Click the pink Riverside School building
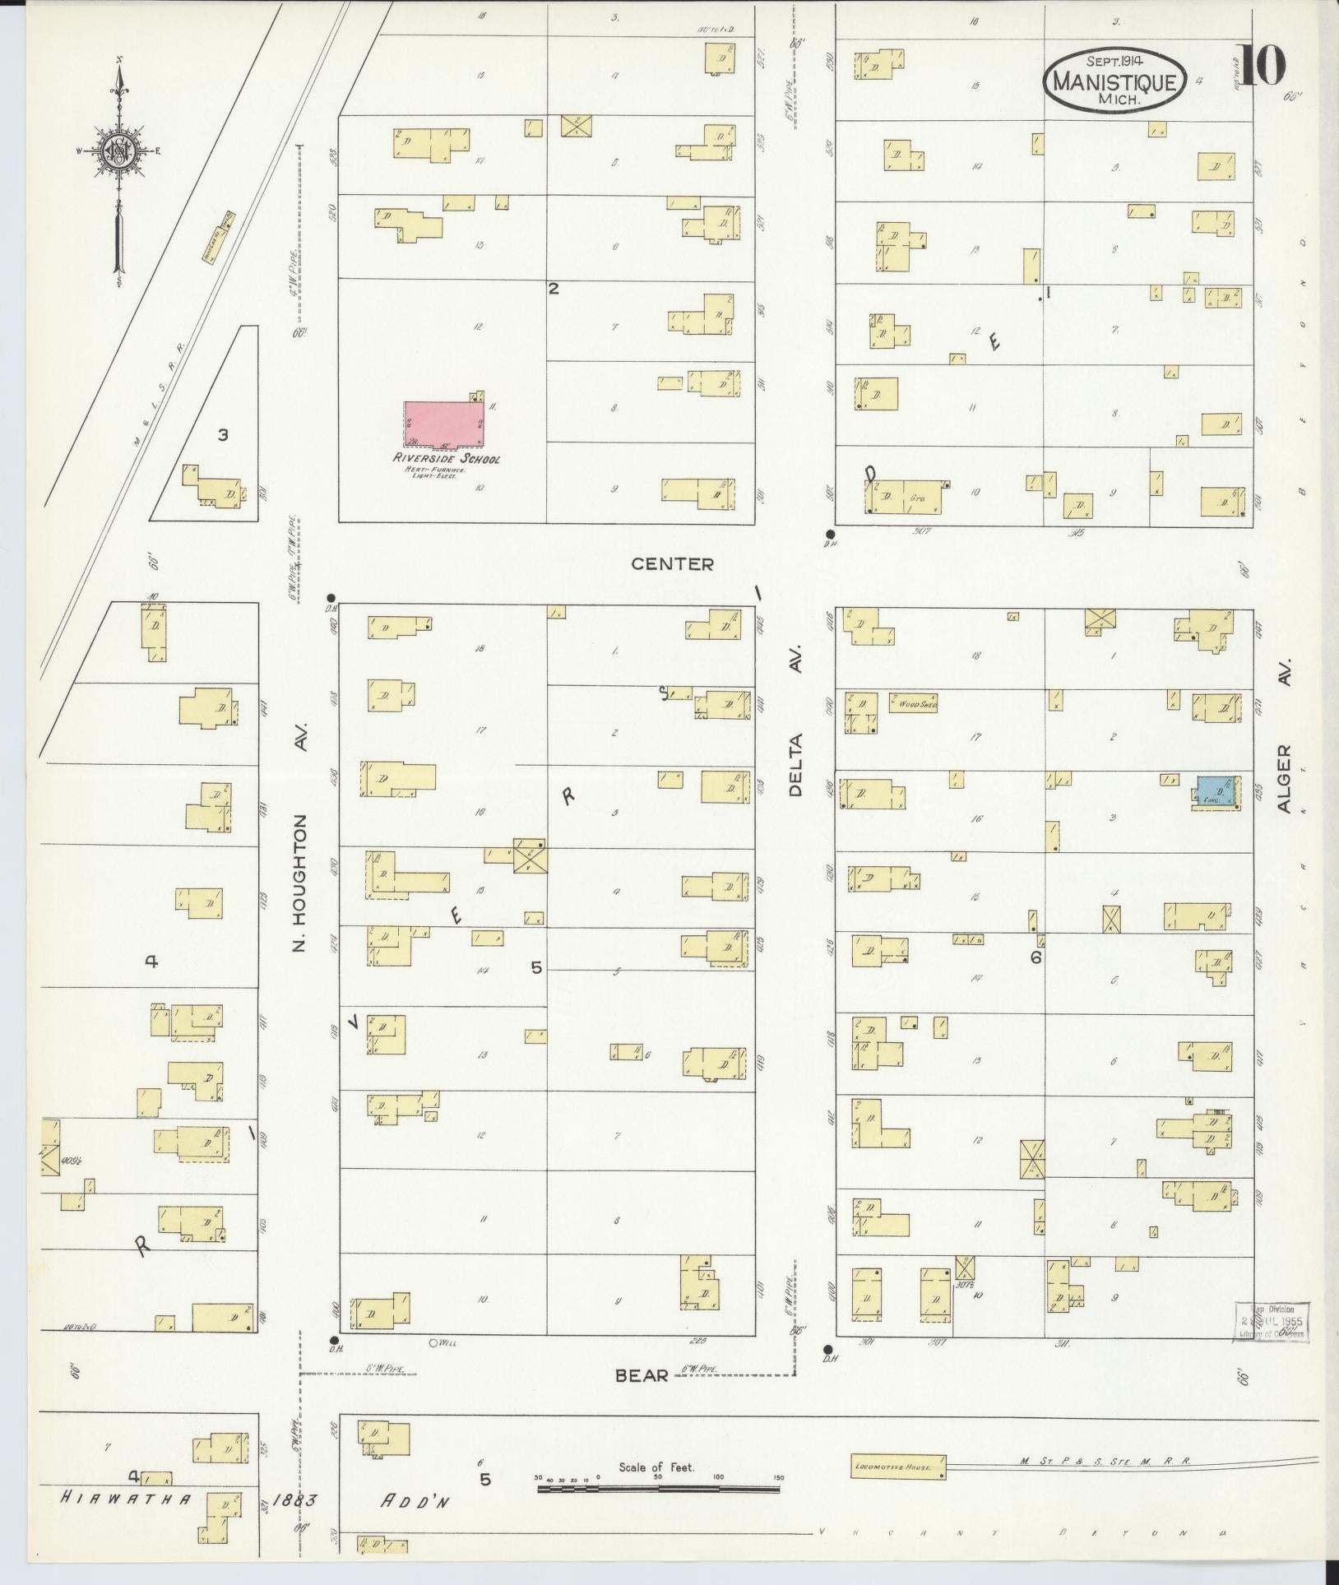(444, 425)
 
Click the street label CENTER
(672, 564)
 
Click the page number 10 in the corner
(1259, 66)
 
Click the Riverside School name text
(446, 459)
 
